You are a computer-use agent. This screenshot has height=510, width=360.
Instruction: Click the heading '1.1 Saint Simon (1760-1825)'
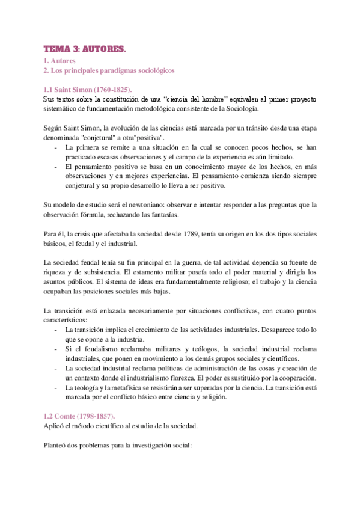pos(88,90)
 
